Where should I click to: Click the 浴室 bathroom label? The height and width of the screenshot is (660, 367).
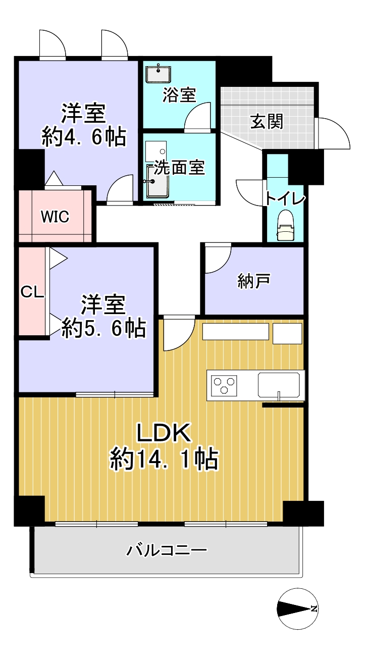179,95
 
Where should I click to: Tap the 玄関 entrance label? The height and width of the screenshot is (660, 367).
267,121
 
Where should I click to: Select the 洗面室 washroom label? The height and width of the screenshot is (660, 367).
179,167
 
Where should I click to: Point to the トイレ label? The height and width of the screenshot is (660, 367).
285,198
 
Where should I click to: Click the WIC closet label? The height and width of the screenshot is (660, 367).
55,217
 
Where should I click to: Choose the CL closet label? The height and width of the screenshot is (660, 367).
32,292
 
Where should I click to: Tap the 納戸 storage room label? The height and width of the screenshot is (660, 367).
254,281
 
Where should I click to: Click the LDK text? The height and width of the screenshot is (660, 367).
164,433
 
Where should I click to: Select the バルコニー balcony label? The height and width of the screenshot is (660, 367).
167,550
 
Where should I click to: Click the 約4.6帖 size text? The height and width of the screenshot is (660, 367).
84,137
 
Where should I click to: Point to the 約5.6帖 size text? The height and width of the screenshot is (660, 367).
103,328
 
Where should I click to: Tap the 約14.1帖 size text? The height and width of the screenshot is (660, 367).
164,459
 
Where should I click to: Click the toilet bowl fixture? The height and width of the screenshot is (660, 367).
285,226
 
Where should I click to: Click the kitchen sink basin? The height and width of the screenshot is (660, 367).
279,385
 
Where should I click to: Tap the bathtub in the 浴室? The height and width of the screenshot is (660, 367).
159,74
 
